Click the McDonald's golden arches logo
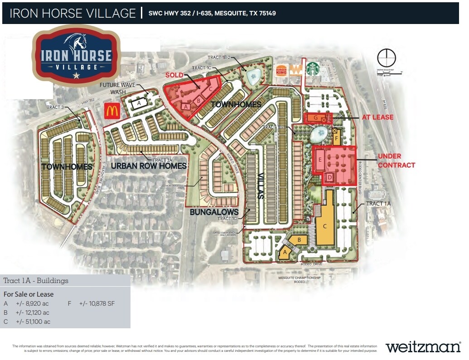(112, 110)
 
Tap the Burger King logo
(282, 71)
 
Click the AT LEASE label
(377, 117)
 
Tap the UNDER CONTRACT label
(396, 161)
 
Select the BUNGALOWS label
(214, 212)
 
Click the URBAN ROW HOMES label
(149, 166)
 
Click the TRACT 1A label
(378, 204)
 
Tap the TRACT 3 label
(55, 107)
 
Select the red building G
(315, 118)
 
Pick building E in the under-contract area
(320, 160)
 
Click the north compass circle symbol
(387, 58)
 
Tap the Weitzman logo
(423, 347)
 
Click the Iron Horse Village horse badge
(76, 55)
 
